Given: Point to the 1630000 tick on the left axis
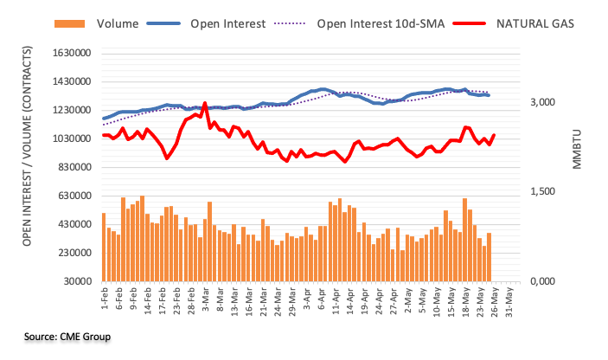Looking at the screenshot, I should (73, 54).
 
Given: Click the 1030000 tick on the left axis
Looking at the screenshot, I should (73, 138).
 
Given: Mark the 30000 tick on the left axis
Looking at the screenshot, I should (78, 281).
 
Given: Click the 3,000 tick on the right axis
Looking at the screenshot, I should (543, 103).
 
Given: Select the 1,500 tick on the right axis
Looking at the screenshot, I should (543, 192).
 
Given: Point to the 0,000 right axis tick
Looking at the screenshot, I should (543, 281).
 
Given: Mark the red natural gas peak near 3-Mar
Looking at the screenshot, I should (205, 103).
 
